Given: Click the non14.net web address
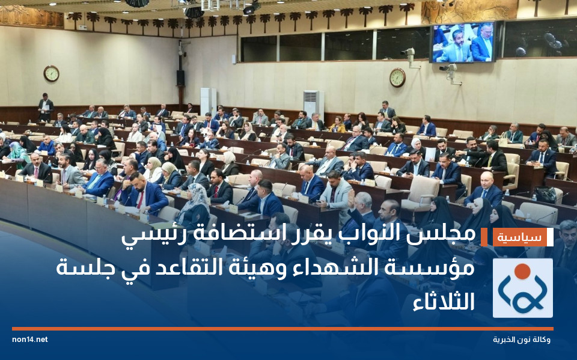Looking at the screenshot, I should tap(30, 340).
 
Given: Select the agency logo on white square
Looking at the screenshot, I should tap(522, 288).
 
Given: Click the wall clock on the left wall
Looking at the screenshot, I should tap(51, 73).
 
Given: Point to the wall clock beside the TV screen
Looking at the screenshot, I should tap(397, 78).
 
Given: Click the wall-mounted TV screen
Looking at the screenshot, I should tap(463, 43).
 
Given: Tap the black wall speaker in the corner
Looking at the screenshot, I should tap(180, 78).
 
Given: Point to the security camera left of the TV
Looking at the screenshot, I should tap(411, 56).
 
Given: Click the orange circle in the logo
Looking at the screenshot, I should tap(522, 272).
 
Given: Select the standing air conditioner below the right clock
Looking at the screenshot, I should tap(313, 103).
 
